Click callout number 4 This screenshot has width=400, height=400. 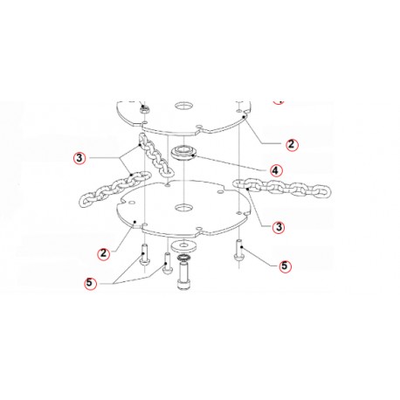tap(274, 169)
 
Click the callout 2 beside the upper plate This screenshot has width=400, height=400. tap(291, 141)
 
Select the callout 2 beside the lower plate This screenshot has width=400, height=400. tap(103, 253)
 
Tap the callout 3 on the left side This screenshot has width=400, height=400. tap(80, 158)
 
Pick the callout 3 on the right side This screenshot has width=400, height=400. tap(279, 227)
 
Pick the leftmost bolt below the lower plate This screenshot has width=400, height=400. tap(141, 261)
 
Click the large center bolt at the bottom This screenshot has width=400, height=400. tap(185, 277)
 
